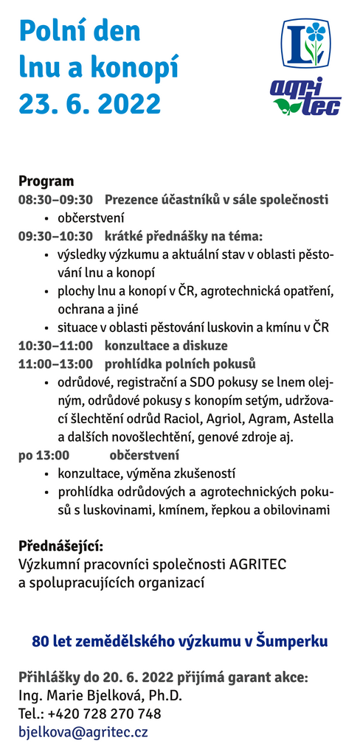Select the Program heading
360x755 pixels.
46,181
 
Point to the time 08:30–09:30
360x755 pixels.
56,200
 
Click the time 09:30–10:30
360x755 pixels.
56,237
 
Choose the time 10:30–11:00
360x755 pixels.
56,346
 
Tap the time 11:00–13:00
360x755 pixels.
56,364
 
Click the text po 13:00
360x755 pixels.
44,455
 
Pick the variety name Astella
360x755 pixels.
314,419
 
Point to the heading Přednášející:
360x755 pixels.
60,546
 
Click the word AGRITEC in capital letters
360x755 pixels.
257,564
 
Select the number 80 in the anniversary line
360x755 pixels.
40,641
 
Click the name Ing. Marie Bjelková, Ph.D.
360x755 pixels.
100,695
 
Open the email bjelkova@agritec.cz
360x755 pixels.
83,732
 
